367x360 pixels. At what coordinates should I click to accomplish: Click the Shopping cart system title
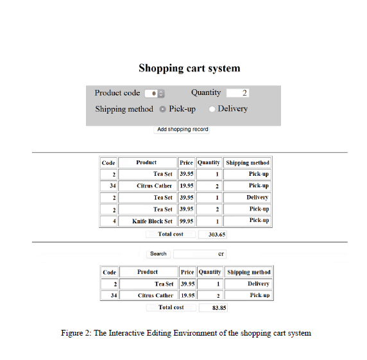click(189, 68)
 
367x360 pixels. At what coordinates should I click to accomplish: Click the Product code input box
click(154, 93)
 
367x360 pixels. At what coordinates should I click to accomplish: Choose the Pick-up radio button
click(162, 109)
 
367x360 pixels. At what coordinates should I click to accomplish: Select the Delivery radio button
click(212, 109)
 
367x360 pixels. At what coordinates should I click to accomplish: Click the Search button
click(158, 254)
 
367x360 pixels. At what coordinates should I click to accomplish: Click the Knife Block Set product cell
click(153, 221)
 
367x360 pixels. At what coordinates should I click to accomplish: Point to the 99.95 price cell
click(186, 221)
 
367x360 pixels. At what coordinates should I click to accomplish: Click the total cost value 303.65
click(212, 235)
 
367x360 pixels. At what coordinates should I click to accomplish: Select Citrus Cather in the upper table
click(154, 186)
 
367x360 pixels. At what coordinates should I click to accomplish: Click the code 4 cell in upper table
click(108, 221)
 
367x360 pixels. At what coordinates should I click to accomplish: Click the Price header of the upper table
click(186, 163)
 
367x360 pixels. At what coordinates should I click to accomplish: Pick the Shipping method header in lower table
click(248, 272)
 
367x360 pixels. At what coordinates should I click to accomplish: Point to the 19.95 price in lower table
click(187, 296)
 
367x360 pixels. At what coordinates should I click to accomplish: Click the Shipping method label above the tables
click(124, 109)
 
